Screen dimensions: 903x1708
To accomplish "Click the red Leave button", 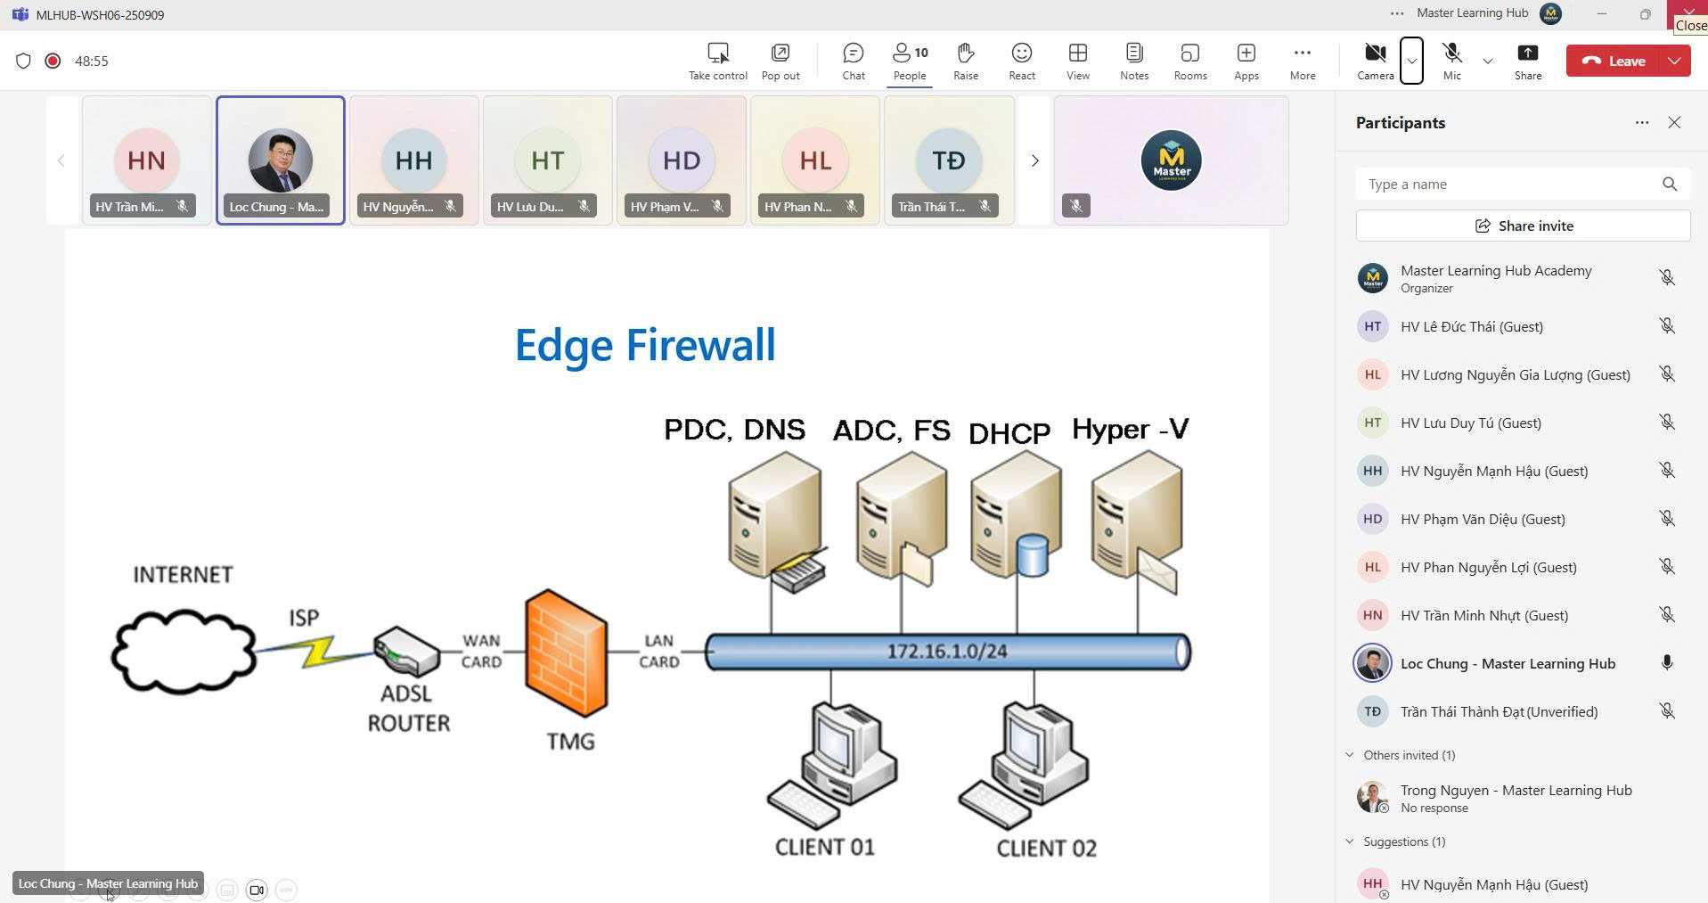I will tap(1613, 61).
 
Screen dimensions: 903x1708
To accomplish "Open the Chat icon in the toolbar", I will tap(853, 61).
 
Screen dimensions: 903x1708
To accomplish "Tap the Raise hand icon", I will tap(965, 61).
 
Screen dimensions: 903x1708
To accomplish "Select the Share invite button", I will tap(1523, 226).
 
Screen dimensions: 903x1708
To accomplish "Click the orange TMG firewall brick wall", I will tap(566, 653).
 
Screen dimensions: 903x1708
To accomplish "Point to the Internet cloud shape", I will tap(184, 651).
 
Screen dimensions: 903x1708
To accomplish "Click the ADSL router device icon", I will tap(406, 651).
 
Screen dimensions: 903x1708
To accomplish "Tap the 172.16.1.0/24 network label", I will tap(946, 652).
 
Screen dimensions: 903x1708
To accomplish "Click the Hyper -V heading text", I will tap(1130, 430).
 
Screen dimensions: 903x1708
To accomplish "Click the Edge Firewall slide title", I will tap(645, 345).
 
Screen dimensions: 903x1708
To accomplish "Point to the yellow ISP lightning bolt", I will tap(319, 651).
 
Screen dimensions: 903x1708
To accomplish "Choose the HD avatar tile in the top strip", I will tap(681, 160).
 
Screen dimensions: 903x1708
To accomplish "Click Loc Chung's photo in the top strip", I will tap(280, 160).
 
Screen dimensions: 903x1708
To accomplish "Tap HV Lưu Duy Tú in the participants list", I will tap(1470, 423).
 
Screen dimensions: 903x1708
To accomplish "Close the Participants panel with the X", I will tap(1673, 123).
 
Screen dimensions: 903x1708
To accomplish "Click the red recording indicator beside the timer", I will tap(53, 61).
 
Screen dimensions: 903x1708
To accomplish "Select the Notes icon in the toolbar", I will tap(1133, 61).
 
